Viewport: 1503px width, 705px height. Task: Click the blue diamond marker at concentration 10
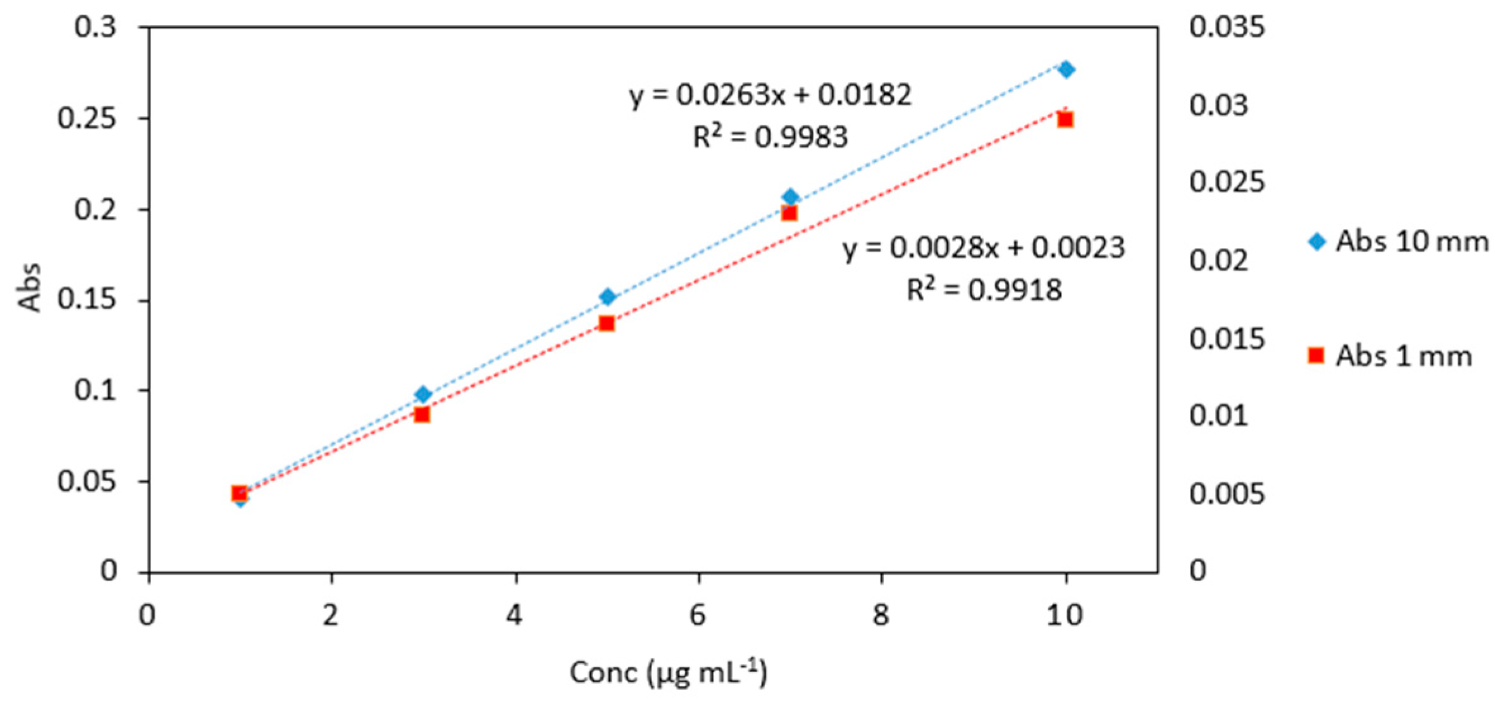click(x=1066, y=70)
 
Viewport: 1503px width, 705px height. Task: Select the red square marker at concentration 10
click(x=1065, y=120)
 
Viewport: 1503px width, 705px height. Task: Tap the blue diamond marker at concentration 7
click(x=790, y=197)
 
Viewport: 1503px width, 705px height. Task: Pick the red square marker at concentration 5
click(x=607, y=324)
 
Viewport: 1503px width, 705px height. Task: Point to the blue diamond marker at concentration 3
click(x=423, y=395)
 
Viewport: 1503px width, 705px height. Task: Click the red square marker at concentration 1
click(x=239, y=493)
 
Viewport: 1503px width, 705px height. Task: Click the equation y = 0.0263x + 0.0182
click(x=770, y=95)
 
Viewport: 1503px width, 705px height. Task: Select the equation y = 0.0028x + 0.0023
click(x=984, y=248)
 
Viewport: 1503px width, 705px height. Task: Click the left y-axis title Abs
click(x=29, y=288)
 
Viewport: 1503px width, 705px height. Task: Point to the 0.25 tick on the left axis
click(x=87, y=119)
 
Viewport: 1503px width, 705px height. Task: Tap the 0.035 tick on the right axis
click(x=1227, y=28)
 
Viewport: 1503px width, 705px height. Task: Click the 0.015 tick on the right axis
click(x=1227, y=340)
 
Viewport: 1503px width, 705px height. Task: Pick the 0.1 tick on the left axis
click(x=96, y=391)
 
